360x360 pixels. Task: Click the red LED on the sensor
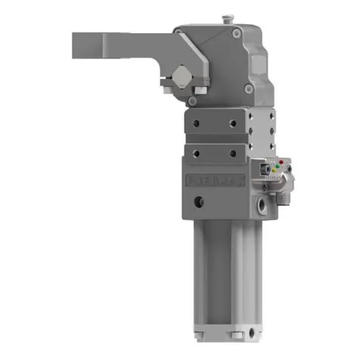(x=280, y=163)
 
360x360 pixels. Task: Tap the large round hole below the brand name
(x=200, y=202)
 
